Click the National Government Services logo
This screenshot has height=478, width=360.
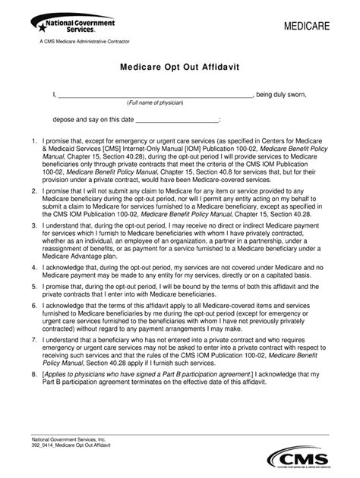pos(62,28)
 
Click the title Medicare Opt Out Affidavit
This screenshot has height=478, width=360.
pos(180,68)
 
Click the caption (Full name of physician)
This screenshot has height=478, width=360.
pos(155,102)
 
